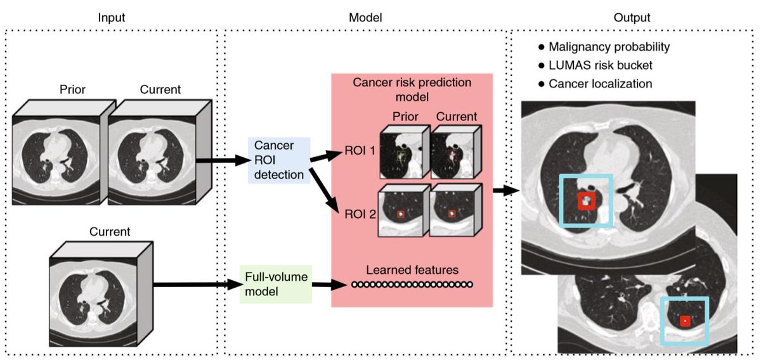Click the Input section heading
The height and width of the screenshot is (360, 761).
click(x=112, y=18)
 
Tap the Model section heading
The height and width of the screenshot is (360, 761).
click(x=366, y=18)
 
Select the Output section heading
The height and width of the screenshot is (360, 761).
click(x=632, y=18)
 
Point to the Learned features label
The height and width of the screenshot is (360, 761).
click(x=412, y=270)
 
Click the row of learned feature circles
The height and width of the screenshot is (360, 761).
click(x=412, y=285)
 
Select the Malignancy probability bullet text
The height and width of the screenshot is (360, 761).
click(x=609, y=47)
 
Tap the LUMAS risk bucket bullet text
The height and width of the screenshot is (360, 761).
click(x=600, y=65)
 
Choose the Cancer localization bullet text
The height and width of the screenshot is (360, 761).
click(x=600, y=84)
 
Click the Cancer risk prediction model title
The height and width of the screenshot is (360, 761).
click(x=412, y=91)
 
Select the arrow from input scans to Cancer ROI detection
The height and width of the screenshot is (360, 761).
click(x=221, y=160)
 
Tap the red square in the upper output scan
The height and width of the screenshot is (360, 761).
click(x=586, y=201)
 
